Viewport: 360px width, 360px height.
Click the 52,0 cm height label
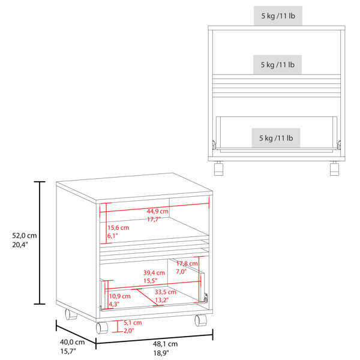(x=25, y=236)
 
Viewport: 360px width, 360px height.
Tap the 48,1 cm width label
(x=165, y=344)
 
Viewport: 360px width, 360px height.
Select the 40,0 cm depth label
(x=73, y=342)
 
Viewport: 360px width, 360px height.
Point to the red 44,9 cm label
(x=157, y=211)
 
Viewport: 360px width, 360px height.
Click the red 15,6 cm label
(x=118, y=228)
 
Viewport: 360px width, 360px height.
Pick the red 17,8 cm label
(x=187, y=263)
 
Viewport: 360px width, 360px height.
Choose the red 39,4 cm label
(x=154, y=273)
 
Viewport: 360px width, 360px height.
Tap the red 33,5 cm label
(x=166, y=292)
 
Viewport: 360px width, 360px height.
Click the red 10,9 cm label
(x=119, y=296)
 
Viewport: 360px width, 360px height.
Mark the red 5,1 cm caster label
(x=133, y=323)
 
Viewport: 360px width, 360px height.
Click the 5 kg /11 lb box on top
(x=278, y=16)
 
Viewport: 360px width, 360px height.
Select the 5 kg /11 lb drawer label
(x=276, y=138)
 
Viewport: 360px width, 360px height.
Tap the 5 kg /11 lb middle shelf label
(x=277, y=65)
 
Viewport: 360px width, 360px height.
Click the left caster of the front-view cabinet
(x=218, y=169)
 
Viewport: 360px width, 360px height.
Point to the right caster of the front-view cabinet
(x=335, y=169)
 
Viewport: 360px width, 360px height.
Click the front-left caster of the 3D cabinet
(x=102, y=328)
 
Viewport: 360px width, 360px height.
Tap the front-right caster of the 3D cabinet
(x=200, y=320)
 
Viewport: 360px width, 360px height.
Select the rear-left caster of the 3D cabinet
(x=70, y=314)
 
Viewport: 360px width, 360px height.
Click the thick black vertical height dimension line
(x=40, y=242)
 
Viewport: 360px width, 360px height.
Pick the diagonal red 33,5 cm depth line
(x=147, y=298)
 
